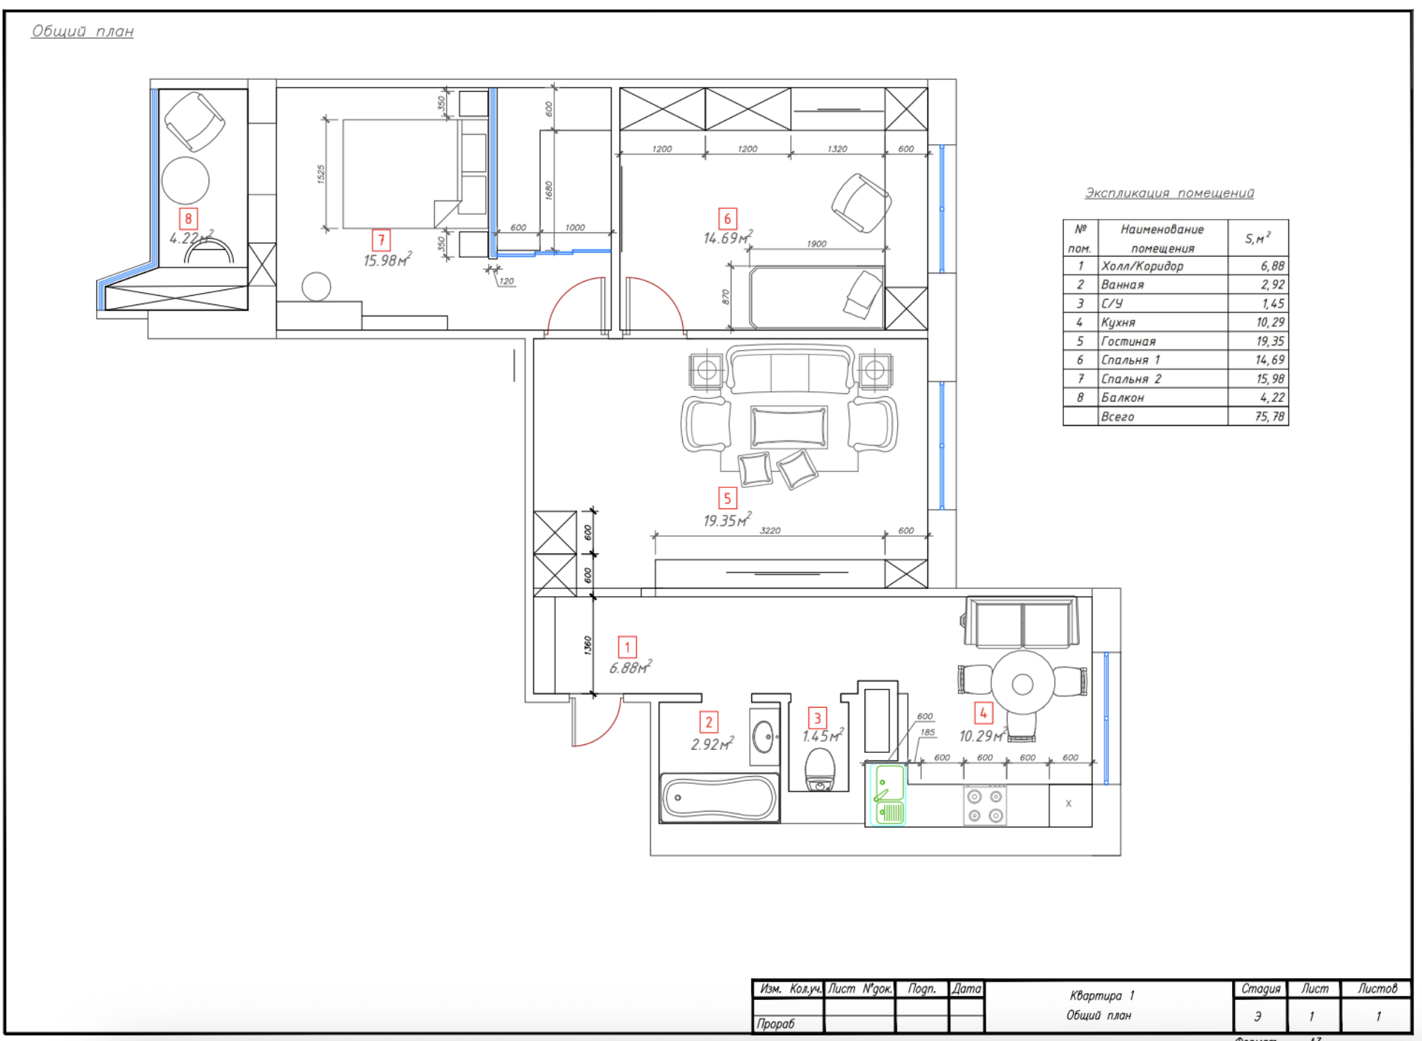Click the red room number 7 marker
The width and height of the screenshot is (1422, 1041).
tap(381, 240)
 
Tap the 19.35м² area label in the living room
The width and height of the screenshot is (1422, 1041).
tap(726, 520)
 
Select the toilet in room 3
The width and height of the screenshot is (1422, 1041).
tap(820, 771)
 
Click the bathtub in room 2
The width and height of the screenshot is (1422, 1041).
tap(719, 798)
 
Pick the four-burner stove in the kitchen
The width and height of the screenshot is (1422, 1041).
tap(985, 806)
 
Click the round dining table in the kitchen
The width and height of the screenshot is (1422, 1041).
tap(1022, 684)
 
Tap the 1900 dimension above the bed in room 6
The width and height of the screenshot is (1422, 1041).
tap(816, 244)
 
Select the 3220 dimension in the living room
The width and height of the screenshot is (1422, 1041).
tap(770, 530)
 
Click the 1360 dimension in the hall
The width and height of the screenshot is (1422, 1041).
tap(587, 645)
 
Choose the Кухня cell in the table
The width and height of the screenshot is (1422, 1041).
tap(1118, 322)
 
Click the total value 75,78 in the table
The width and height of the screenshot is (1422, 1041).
tap(1269, 417)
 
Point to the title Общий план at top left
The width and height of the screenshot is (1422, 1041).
tap(83, 31)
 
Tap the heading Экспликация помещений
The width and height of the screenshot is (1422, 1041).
tap(1169, 193)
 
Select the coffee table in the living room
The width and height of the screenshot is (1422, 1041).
tap(789, 427)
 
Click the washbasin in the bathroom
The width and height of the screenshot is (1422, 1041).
tap(763, 737)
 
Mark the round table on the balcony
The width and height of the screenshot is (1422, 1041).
tap(186, 180)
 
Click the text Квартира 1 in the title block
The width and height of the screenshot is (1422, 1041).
tap(1101, 995)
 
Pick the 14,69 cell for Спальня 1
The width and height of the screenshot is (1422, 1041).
tap(1269, 360)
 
